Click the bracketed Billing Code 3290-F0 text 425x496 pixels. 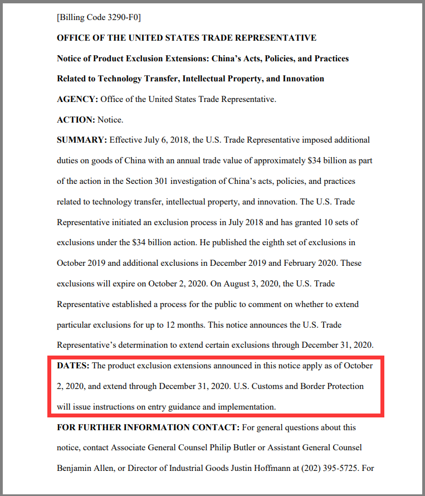click(99, 18)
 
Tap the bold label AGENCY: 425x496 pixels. click(77, 99)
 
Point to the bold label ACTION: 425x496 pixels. click(76, 120)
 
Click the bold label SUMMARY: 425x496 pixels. click(82, 140)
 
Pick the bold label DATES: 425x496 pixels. click(73, 366)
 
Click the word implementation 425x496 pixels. click(246, 407)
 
